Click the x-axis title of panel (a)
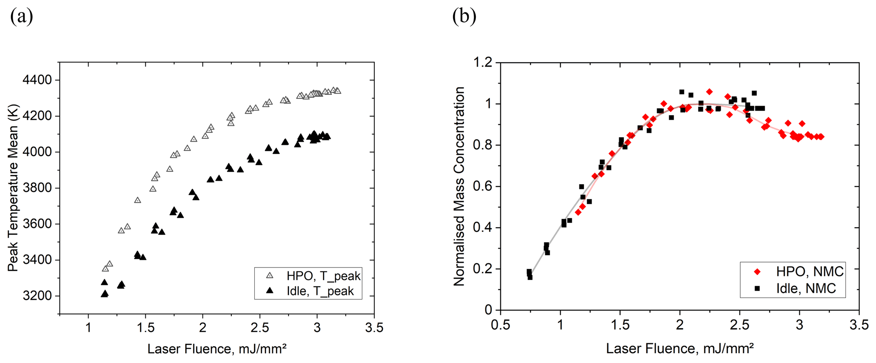217,349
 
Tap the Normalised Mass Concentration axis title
459,187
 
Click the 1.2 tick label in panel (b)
483,63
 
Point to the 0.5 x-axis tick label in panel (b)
501,326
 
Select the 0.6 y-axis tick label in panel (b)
483,187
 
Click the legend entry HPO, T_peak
323,276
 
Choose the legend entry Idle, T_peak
320,291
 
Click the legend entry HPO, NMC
809,271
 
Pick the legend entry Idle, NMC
806,288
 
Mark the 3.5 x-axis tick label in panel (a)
374,328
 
